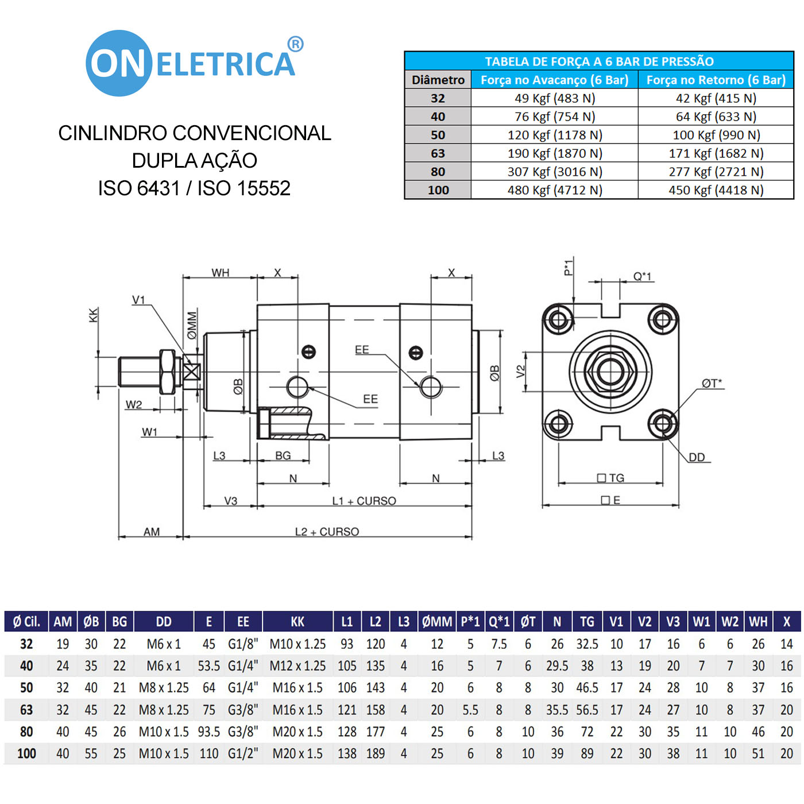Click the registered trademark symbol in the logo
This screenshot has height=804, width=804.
click(x=295, y=44)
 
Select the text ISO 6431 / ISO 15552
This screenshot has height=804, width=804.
click(x=194, y=188)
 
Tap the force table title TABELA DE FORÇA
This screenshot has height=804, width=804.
click(x=599, y=61)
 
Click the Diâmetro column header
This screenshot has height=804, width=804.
click(x=438, y=80)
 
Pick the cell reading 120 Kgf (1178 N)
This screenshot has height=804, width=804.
click(x=555, y=135)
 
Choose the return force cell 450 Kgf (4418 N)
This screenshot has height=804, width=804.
click(x=716, y=190)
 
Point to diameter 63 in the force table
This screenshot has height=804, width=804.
click(x=438, y=153)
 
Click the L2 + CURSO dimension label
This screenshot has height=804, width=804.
click(x=327, y=532)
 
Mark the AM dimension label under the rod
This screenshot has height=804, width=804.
click(x=152, y=532)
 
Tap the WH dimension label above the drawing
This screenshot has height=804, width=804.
click(x=221, y=273)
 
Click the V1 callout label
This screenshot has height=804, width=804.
click(x=139, y=300)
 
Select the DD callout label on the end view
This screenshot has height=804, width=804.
click(x=697, y=457)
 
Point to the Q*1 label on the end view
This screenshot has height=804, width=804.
click(x=643, y=276)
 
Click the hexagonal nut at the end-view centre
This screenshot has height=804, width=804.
click(x=610, y=371)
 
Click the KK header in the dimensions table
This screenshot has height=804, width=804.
click(x=297, y=621)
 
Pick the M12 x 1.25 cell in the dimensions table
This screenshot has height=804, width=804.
click(x=297, y=666)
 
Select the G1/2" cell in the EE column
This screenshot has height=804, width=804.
click(x=243, y=753)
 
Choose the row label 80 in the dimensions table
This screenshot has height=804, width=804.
click(x=26, y=732)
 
